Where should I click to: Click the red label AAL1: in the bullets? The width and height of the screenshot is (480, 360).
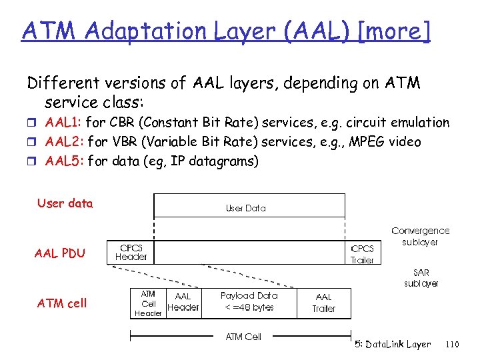(64, 123)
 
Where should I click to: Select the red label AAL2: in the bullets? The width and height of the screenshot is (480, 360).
(65, 142)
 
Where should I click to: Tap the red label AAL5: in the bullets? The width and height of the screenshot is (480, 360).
(65, 161)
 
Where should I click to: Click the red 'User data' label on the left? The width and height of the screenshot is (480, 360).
(65, 203)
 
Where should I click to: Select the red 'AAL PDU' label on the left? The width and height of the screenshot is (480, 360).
(60, 253)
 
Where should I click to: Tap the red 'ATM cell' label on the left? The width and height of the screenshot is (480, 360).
(62, 303)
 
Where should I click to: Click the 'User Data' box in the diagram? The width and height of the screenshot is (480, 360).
(245, 208)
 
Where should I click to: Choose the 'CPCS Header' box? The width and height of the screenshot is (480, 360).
(131, 251)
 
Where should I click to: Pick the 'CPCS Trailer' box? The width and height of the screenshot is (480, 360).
(363, 254)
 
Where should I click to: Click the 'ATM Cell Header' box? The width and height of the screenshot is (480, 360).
(148, 303)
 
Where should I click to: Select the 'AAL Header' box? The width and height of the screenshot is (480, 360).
(183, 302)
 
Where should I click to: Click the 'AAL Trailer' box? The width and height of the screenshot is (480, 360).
(324, 303)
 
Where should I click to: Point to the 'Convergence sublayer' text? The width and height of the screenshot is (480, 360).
(420, 236)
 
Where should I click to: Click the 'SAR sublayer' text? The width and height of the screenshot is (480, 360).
(421, 278)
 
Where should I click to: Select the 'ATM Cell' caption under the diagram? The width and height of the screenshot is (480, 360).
(243, 337)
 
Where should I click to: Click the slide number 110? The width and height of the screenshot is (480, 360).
(452, 344)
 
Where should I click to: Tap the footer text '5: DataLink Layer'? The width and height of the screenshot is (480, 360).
(393, 344)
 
